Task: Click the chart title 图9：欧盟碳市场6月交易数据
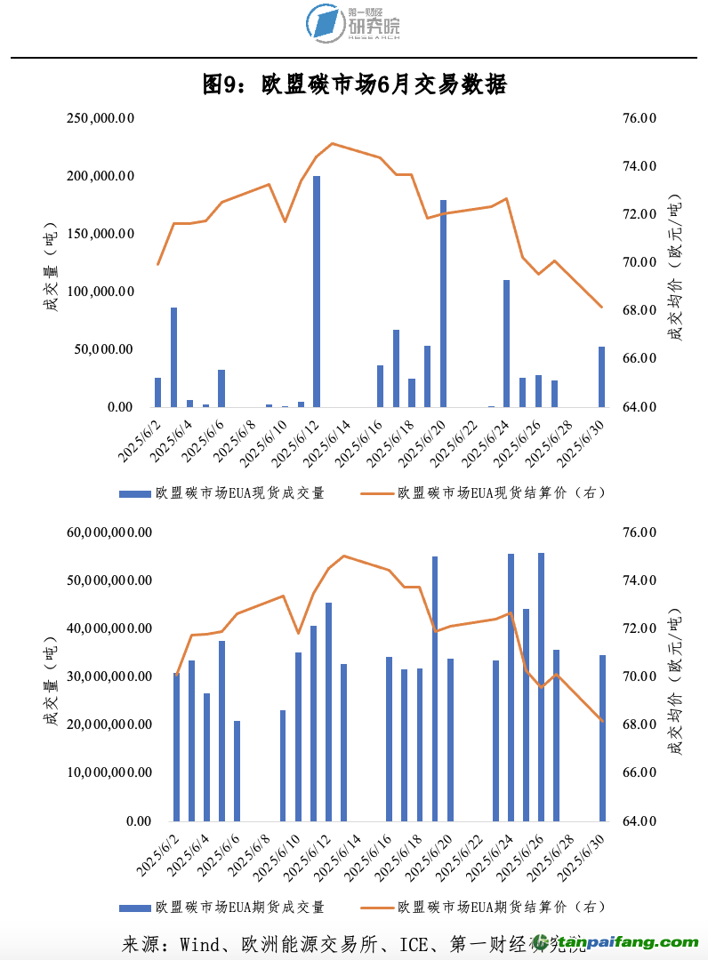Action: [x=354, y=85]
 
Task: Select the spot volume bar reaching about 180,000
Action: [x=443, y=303]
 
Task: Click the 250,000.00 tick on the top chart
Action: [x=101, y=118]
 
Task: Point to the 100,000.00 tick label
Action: [x=101, y=292]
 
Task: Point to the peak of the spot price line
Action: [x=332, y=143]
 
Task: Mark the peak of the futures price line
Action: [x=343, y=556]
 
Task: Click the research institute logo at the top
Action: [x=353, y=23]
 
